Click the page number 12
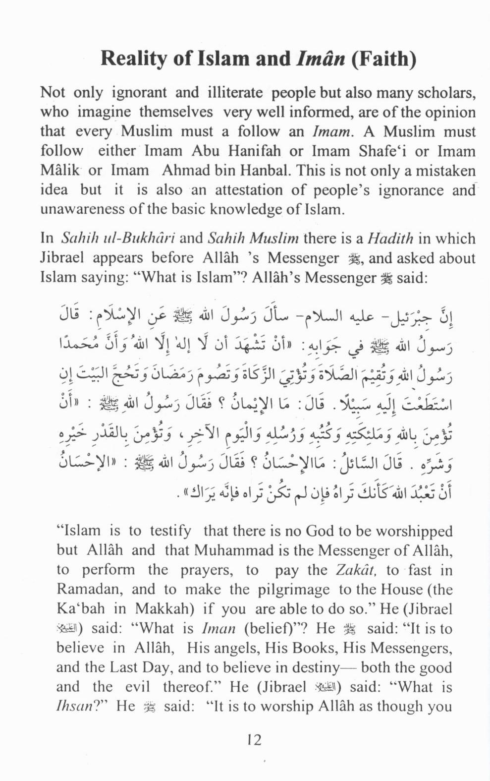254,740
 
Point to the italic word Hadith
390,239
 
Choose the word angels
235,648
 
